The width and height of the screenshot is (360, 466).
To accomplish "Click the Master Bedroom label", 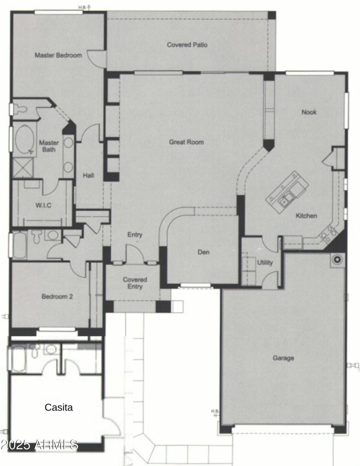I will coord(58,55).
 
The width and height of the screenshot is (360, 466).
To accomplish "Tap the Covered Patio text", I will coord(187,45).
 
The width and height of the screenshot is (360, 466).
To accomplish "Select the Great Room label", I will coord(186,142).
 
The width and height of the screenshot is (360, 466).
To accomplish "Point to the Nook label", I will coord(309,112).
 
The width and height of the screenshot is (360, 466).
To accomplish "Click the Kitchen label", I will coord(306,216).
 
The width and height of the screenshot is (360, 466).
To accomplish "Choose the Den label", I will coord(203,252).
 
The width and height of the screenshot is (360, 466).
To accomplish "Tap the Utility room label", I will coord(265,263).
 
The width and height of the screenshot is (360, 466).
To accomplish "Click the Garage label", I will coord(283,358).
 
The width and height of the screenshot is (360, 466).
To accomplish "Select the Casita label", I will coord(58,408).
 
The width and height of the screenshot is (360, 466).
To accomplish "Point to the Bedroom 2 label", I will coord(57,296).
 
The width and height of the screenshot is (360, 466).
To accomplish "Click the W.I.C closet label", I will coord(44,206).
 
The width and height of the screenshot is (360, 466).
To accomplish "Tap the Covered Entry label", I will coord(135,283).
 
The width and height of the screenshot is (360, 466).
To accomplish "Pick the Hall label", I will coord(88,175).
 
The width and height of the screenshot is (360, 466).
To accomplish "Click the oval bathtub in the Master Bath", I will coord(23,139).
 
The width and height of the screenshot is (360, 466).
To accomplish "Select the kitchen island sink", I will coord(286,198).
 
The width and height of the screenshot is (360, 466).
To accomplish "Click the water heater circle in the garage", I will coord(337,260).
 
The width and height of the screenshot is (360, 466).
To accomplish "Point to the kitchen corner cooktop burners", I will coord(328,233).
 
